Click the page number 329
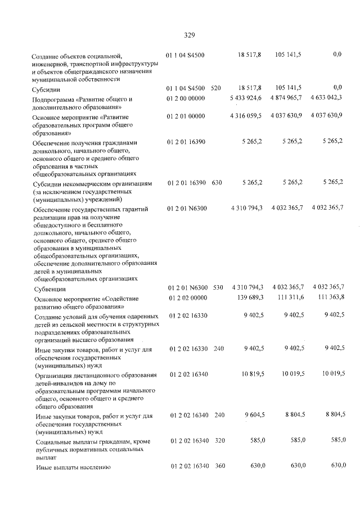(x=189, y=35)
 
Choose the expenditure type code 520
(x=215, y=88)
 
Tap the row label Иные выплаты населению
(x=72, y=467)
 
